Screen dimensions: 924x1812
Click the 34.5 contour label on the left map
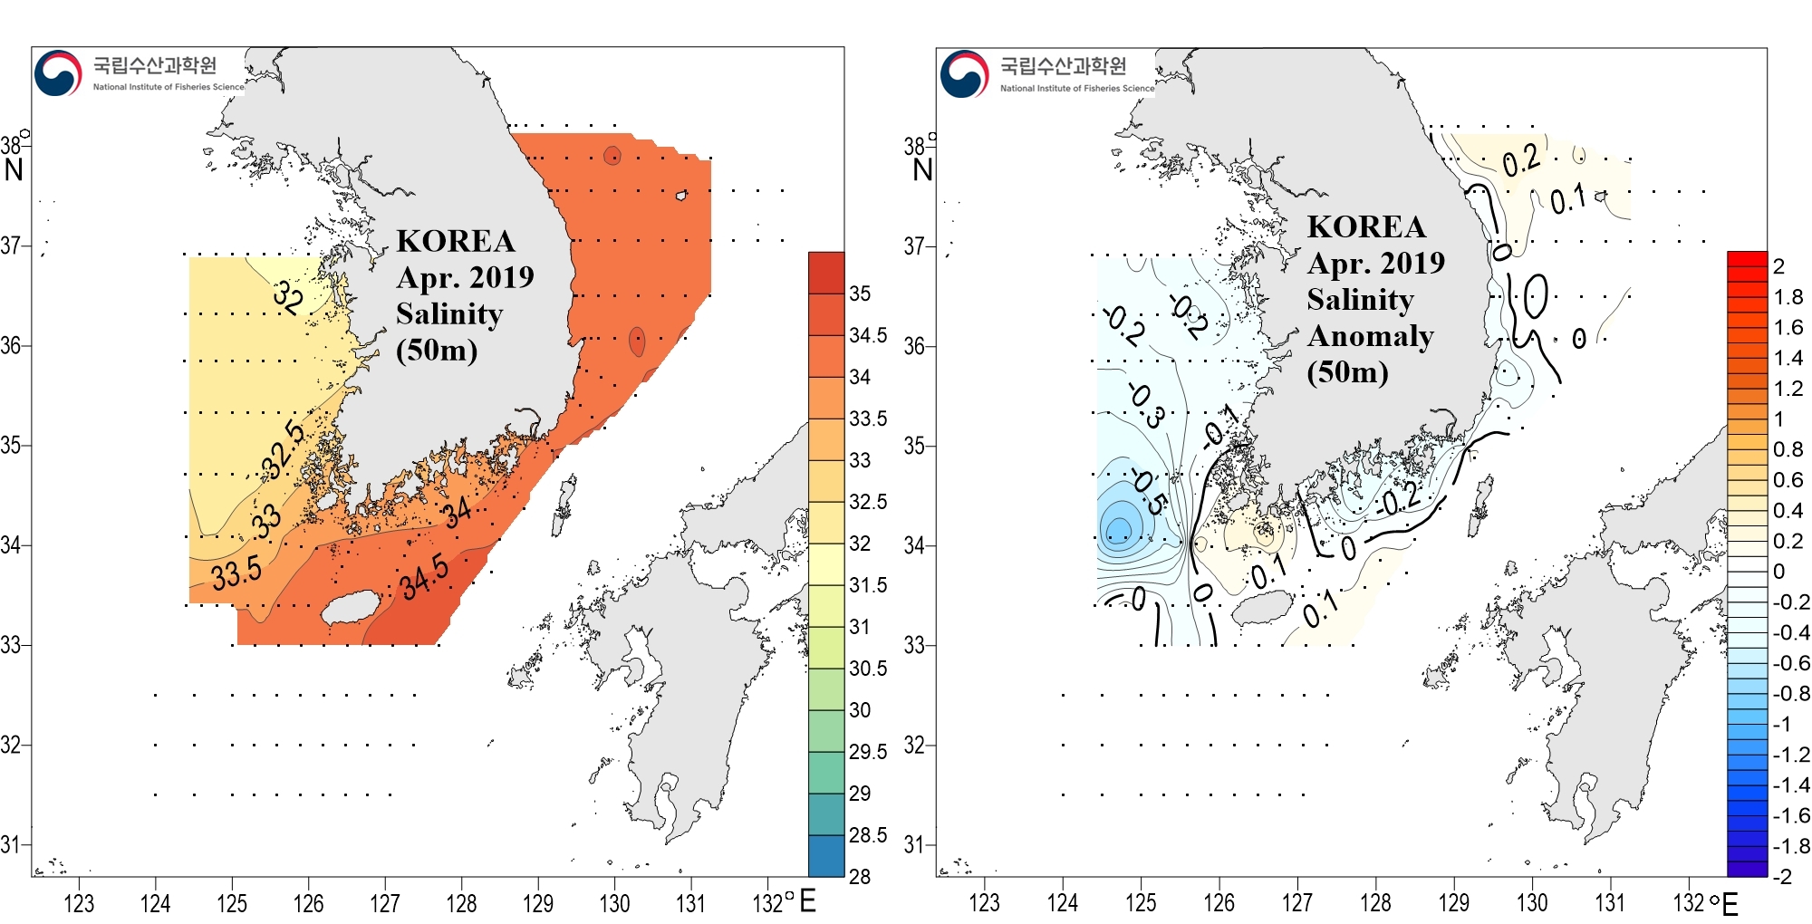pyautogui.click(x=425, y=577)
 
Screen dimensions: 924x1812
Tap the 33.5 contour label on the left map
pyautogui.click(x=236, y=573)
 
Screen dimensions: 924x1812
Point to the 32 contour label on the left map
pyautogui.click(x=288, y=296)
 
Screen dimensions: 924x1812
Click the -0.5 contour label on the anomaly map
pyautogui.click(x=1148, y=492)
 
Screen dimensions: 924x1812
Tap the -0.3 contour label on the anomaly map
pyautogui.click(x=1145, y=405)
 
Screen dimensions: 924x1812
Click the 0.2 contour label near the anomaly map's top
pyautogui.click(x=1521, y=161)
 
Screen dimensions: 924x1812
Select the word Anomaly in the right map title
pyautogui.click(x=1370, y=336)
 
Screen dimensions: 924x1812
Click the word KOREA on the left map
pyautogui.click(x=456, y=241)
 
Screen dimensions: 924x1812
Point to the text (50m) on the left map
pyautogui.click(x=437, y=350)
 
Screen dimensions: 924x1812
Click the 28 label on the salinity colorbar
pyautogui.click(x=859, y=876)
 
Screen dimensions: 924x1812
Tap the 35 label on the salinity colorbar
pyautogui.click(x=860, y=294)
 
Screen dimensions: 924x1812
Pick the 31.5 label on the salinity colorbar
pyautogui.click(x=868, y=585)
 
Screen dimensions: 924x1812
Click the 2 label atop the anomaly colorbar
pyautogui.click(x=1778, y=266)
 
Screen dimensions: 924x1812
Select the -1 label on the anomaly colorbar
pyautogui.click(x=1781, y=724)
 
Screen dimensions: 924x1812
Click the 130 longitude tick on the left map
pyautogui.click(x=614, y=903)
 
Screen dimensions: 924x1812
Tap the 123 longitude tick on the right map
pyautogui.click(x=984, y=903)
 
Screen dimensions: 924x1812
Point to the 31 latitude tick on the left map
pyautogui.click(x=10, y=845)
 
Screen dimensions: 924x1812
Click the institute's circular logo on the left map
pyautogui.click(x=58, y=73)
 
